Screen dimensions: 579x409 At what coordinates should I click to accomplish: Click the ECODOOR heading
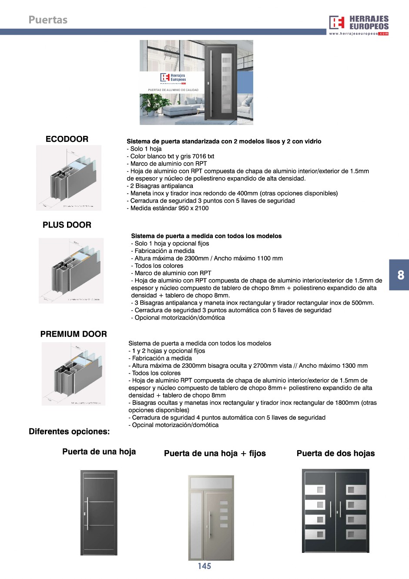tap(67, 139)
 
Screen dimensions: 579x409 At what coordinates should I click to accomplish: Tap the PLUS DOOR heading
tap(67, 225)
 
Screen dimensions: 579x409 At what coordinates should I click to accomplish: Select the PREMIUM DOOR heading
tap(74, 334)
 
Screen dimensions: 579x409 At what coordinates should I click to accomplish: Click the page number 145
tap(204, 566)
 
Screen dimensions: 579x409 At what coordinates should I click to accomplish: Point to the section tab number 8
tap(401, 275)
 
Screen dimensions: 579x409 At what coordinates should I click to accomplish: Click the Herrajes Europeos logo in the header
tap(359, 24)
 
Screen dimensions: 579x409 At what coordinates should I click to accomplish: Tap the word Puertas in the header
tap(48, 20)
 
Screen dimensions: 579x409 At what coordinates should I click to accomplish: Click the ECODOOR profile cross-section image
tap(69, 178)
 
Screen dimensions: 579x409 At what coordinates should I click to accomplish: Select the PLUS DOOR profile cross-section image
tap(71, 270)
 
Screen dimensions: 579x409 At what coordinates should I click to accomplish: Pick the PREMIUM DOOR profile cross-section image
tap(74, 374)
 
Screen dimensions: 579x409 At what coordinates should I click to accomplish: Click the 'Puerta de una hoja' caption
tap(99, 451)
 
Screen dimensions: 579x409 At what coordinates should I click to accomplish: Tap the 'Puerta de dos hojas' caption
tap(335, 453)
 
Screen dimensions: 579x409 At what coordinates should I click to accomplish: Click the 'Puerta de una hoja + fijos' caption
tap(215, 453)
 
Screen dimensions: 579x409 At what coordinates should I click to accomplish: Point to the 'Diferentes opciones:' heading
tap(69, 431)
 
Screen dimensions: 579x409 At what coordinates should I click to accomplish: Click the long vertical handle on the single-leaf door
tap(87, 514)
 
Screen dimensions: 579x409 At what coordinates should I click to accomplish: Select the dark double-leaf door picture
tap(335, 511)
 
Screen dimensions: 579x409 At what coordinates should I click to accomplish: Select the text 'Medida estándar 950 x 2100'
tap(168, 208)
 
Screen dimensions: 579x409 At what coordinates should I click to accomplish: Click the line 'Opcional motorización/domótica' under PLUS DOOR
tap(178, 318)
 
